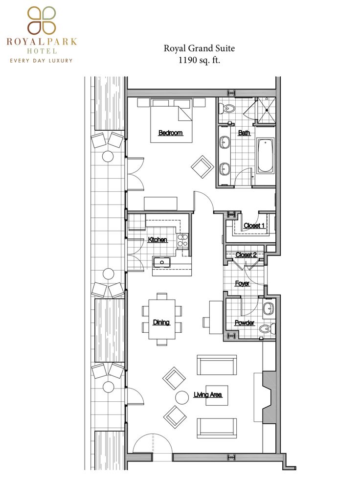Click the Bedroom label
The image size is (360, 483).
pos(170,133)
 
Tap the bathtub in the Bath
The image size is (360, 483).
pos(265,156)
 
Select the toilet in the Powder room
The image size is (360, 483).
pos(267,328)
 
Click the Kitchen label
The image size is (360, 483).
pos(157,240)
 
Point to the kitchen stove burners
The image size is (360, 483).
pos(182,241)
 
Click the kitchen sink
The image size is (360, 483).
pos(162,262)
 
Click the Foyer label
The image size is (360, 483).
pos(242,283)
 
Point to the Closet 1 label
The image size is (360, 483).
pos(254,226)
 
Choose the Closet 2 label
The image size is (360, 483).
pos(246,255)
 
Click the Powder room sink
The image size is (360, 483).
pos(269,308)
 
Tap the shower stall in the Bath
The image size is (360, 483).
pos(266,110)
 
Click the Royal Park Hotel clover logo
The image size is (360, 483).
pos(42,21)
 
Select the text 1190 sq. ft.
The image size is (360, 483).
pos(199,60)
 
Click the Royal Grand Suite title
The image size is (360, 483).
pos(199,48)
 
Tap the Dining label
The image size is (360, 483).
pos(161,322)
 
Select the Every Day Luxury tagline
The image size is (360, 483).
pos(41,61)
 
